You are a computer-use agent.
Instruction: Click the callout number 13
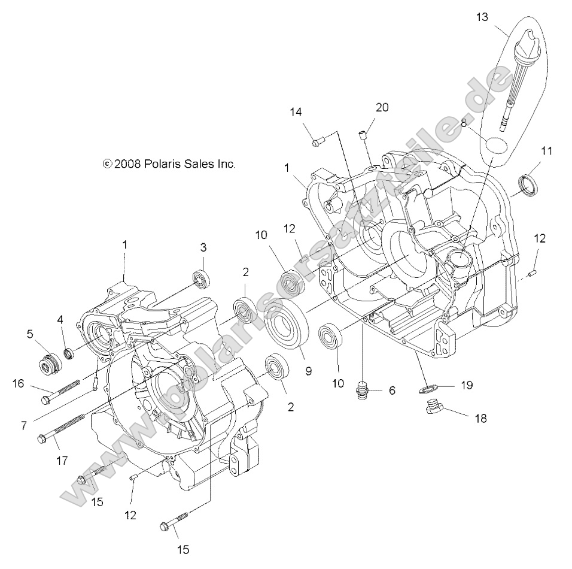pyautogui.click(x=482, y=17)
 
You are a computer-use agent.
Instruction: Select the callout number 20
pyautogui.click(x=382, y=107)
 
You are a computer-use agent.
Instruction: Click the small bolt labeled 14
pyautogui.click(x=318, y=142)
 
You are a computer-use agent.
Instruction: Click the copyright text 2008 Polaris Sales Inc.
pyautogui.click(x=169, y=164)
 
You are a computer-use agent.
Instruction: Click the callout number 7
pyautogui.click(x=24, y=425)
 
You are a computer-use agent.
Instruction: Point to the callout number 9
pyautogui.click(x=309, y=371)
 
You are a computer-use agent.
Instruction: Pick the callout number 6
pyautogui.click(x=391, y=391)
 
